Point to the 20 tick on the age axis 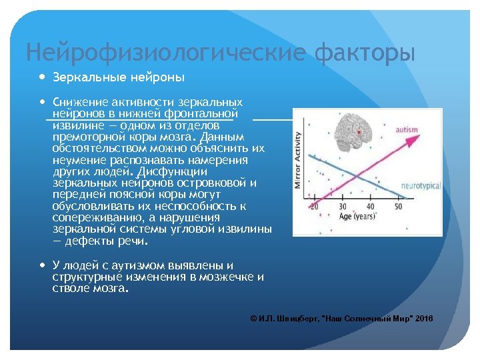(x=314, y=207)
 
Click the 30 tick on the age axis (x=342, y=207)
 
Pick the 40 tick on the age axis (x=370, y=207)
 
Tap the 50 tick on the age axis (x=399, y=207)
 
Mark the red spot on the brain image (x=360, y=133)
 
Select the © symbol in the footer (x=253, y=319)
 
